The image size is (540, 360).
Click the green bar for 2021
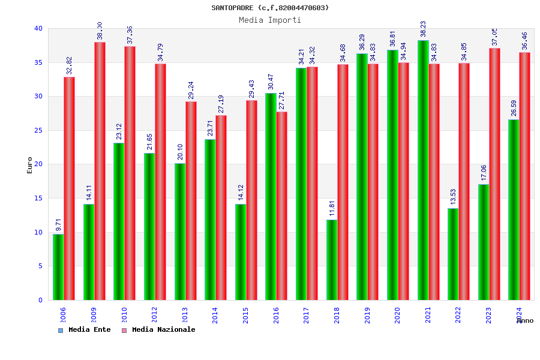(423, 170)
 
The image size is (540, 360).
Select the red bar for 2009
(100, 171)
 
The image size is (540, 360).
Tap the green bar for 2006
(58, 267)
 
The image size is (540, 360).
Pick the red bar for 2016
(282, 206)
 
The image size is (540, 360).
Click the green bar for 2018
(332, 260)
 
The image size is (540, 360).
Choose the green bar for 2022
(453, 254)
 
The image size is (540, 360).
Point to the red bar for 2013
(191, 200)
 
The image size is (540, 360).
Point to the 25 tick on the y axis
(38, 130)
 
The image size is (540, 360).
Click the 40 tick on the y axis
(38, 28)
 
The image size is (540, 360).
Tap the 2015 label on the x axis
(245, 316)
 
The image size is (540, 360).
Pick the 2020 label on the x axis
(397, 316)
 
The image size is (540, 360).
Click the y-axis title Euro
(30, 165)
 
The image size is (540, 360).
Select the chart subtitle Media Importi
(270, 20)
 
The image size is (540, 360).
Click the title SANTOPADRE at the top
(270, 8)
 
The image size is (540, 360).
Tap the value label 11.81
(332, 209)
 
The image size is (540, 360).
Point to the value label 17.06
(484, 173)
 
